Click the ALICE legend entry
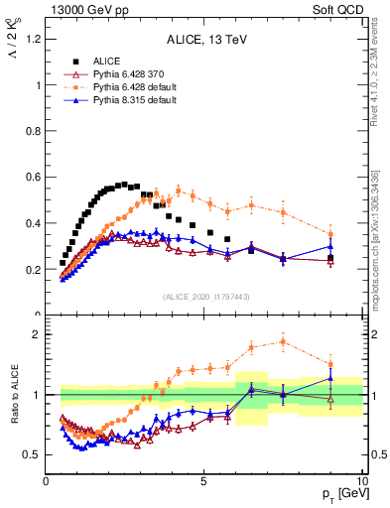click(108, 61)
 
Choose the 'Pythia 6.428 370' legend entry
click(129, 74)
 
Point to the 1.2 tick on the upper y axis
click(34, 39)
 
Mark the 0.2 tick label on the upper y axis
click(34, 269)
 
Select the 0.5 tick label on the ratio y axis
click(34, 454)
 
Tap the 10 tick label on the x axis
click(361, 481)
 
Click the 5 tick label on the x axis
click(203, 481)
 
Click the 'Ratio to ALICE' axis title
click(13, 395)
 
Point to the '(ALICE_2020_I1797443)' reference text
click(205, 297)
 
